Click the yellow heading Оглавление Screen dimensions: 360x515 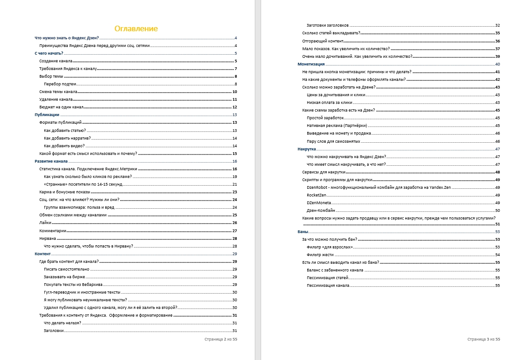[x=136, y=29]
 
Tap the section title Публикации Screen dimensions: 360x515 [x=47, y=115]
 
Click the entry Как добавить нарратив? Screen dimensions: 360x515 [x=67, y=138]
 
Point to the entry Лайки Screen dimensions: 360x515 [x=45, y=223]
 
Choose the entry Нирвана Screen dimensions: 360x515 [x=47, y=238]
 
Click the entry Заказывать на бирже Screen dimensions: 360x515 [x=65, y=276]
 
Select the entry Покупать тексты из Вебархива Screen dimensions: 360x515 [x=73, y=285]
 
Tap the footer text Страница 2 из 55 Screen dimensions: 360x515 [x=220, y=339]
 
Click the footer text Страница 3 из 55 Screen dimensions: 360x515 [x=483, y=339]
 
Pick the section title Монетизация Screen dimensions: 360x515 [x=311, y=64]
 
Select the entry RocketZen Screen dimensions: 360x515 [x=316, y=195]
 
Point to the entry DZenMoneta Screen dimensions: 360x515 [x=318, y=203]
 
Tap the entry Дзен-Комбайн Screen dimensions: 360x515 [x=321, y=210]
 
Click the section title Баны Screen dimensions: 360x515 [x=303, y=232]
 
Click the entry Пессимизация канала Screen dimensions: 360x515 [x=328, y=285]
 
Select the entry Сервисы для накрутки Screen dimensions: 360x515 [x=323, y=172]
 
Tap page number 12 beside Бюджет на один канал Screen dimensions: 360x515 [x=235, y=107]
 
